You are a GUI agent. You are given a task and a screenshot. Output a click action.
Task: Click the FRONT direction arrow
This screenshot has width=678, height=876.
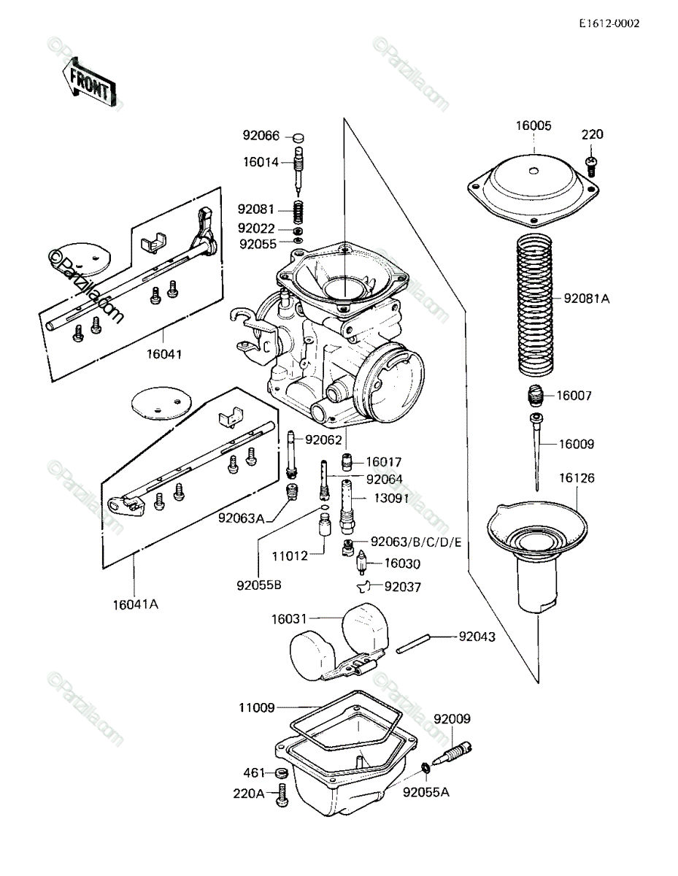pyautogui.click(x=88, y=82)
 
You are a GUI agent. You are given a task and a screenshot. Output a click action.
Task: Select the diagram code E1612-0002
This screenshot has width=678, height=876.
pyautogui.click(x=609, y=23)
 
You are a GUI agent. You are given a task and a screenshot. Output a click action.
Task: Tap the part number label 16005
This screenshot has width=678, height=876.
pyautogui.click(x=533, y=126)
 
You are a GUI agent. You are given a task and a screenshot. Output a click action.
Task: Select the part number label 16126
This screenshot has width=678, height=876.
pyautogui.click(x=577, y=478)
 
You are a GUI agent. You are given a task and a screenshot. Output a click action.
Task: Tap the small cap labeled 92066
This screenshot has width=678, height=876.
pyautogui.click(x=298, y=137)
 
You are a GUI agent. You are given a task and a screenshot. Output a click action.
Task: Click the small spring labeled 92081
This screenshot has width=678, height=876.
pyautogui.click(x=298, y=211)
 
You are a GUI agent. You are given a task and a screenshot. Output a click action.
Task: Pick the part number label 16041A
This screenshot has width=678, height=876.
pyautogui.click(x=135, y=604)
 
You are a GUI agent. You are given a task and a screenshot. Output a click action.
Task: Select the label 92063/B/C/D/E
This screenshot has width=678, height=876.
pyautogui.click(x=416, y=542)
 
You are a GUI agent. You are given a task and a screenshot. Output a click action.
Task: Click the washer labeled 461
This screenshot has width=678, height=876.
pyautogui.click(x=282, y=773)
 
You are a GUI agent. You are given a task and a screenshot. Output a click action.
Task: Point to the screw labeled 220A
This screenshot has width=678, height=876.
pyautogui.click(x=282, y=794)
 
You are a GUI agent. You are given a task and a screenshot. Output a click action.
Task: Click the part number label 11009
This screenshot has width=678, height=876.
pyautogui.click(x=257, y=707)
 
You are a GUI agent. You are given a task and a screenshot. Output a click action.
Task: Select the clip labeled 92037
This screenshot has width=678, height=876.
pyautogui.click(x=364, y=586)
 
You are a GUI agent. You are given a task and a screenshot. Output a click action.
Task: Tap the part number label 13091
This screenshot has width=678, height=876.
pyautogui.click(x=391, y=499)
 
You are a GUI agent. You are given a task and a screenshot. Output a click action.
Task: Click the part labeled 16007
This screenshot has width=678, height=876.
pyautogui.click(x=536, y=396)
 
